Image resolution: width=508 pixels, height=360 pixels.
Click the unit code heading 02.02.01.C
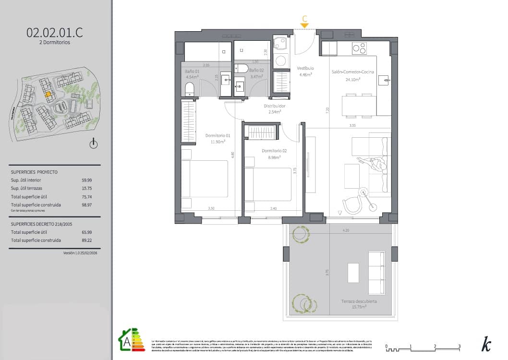(x=55, y=33)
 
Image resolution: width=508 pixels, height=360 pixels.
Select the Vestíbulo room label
(x=305, y=68)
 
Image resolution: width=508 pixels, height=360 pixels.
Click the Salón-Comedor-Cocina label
(x=352, y=72)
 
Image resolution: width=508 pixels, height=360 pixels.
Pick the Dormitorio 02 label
(x=274, y=151)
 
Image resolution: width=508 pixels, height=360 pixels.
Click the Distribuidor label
(x=275, y=106)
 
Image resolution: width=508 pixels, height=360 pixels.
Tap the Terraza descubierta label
(x=359, y=301)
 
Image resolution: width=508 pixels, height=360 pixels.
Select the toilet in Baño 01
(x=189, y=89)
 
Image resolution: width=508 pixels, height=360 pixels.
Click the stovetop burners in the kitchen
(x=359, y=48)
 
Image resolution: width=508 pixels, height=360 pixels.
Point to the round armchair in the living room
(x=354, y=204)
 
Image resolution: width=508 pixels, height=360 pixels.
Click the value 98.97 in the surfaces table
(x=87, y=204)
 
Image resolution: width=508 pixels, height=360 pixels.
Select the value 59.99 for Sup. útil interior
(x=87, y=180)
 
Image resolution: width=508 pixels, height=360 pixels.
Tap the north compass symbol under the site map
(x=94, y=144)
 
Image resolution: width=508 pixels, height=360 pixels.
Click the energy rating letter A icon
(x=125, y=341)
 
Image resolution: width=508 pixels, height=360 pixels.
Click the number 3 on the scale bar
(x=460, y=346)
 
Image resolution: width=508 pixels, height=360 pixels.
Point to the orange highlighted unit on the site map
(x=48, y=95)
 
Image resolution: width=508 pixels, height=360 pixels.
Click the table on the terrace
(x=353, y=273)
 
